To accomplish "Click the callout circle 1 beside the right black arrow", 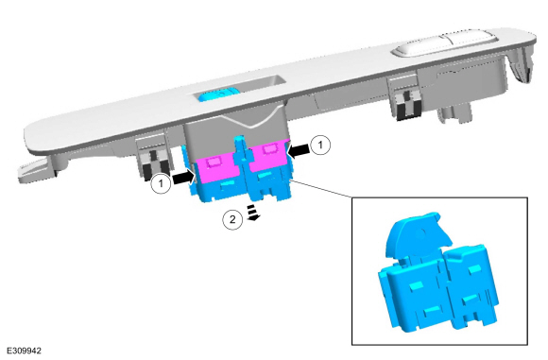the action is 320,145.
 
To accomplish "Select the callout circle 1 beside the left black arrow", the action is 161,182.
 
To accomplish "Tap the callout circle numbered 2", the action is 232,219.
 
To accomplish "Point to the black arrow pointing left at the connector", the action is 299,150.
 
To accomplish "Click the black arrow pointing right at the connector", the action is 183,178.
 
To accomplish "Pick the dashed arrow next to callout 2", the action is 253,213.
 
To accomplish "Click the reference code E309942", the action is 25,351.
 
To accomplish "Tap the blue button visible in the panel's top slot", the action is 218,94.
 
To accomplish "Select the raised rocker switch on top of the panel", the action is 444,44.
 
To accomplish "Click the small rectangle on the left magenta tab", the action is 214,162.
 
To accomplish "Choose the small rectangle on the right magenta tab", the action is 268,149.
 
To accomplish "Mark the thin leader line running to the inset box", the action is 321,189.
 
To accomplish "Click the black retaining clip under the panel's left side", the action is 156,164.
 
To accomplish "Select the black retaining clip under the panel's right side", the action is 408,104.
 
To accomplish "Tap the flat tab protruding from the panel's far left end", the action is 37,171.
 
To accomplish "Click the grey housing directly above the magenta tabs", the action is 236,134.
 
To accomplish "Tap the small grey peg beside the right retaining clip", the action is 454,114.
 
